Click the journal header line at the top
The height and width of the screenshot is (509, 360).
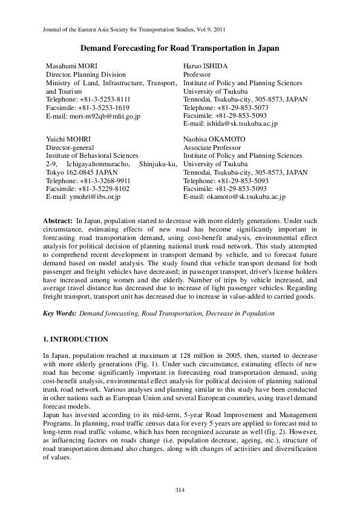pos(136,28)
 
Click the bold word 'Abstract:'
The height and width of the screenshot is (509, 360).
pos(58,221)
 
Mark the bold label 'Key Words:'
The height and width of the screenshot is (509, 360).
pos(59,314)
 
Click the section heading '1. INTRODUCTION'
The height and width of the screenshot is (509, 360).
pos(76,339)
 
